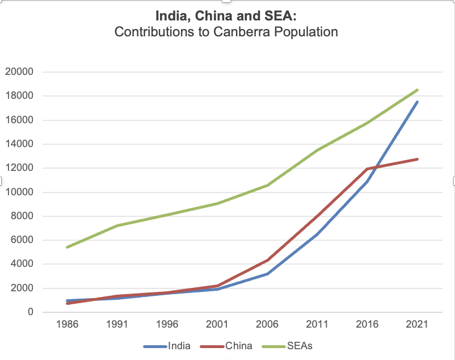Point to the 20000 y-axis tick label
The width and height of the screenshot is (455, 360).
(19, 72)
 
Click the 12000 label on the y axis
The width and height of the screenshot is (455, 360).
(19, 168)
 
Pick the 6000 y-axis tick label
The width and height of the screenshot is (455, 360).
(22, 240)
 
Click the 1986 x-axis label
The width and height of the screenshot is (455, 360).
(68, 325)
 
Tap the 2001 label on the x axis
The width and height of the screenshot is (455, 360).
(217, 325)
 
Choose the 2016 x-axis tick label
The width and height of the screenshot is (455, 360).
(368, 325)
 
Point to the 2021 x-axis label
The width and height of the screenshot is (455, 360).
(418, 325)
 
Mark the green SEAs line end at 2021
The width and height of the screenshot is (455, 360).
(418, 90)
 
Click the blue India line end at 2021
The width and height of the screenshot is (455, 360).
(418, 102)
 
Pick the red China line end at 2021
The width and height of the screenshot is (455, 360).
(418, 159)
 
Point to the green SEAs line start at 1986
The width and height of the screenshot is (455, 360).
(68, 247)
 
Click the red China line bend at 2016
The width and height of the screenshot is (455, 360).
(368, 169)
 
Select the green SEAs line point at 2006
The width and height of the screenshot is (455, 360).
(267, 185)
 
